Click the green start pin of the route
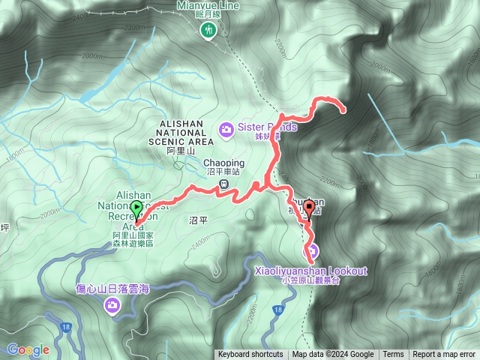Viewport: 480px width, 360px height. (136, 209)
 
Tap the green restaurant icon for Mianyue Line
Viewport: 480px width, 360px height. (208, 29)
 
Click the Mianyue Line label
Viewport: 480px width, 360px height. (208, 5)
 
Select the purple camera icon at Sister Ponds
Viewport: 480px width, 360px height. (226, 130)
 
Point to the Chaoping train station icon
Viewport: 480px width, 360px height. (223, 184)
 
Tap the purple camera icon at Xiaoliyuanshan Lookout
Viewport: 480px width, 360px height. (311, 251)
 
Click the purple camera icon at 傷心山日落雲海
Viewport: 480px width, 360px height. (112, 304)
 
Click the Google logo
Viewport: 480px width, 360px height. (28, 349)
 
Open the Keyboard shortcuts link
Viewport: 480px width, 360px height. (250, 355)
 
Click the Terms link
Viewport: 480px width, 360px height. (393, 355)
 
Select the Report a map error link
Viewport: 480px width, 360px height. (445, 355)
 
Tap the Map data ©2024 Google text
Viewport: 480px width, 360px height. (333, 355)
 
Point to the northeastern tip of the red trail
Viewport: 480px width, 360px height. (344, 111)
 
